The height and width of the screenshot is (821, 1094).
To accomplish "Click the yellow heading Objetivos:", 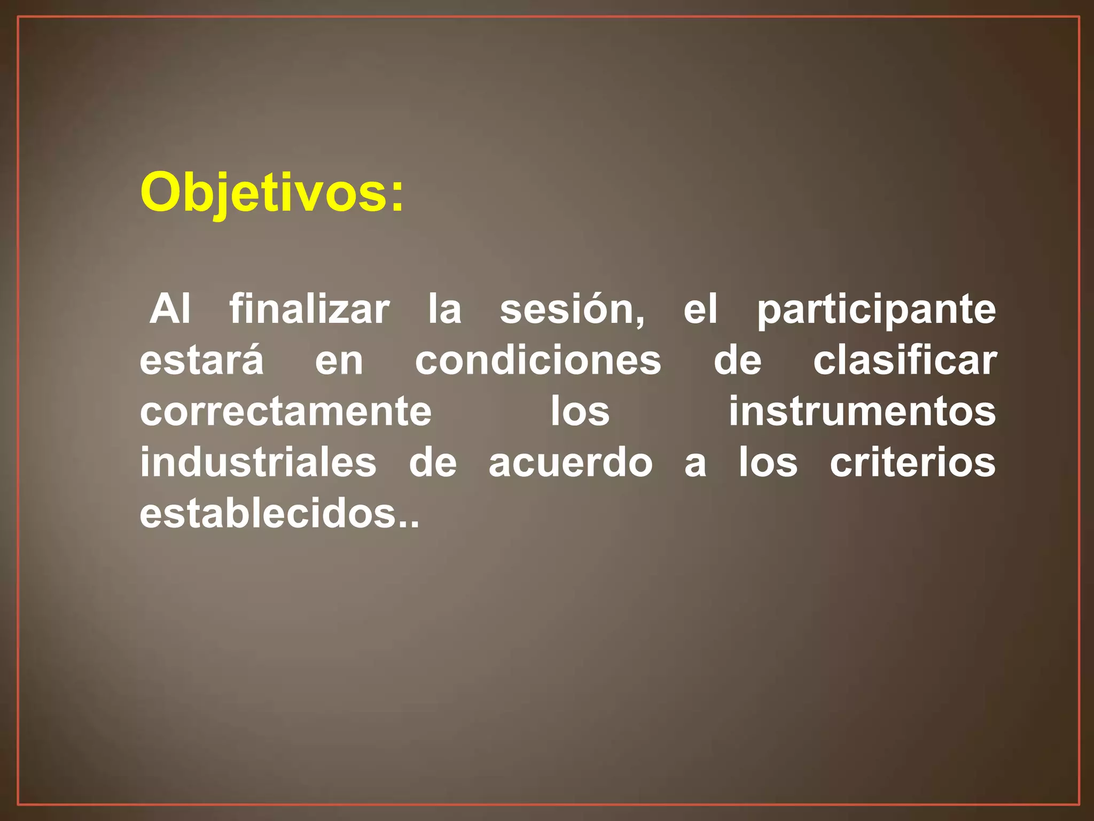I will [272, 192].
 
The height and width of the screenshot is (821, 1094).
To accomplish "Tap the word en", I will [339, 361].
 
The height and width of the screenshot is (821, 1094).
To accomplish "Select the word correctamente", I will [286, 412].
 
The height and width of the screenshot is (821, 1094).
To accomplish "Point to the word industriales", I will [258, 462].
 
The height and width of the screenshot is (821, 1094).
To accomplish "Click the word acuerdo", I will [570, 462].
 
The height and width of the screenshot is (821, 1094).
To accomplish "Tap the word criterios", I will [912, 462].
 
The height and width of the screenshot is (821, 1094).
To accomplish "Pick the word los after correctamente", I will [580, 412].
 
